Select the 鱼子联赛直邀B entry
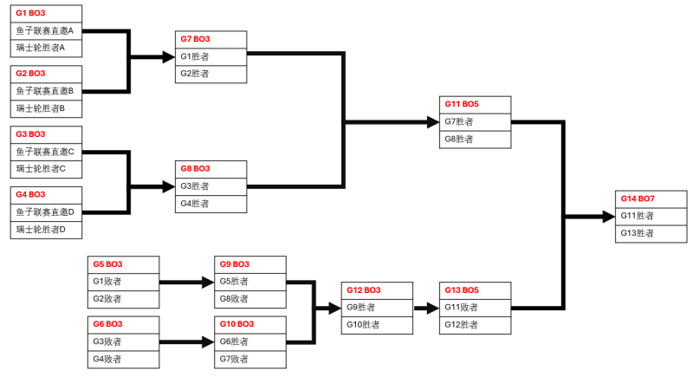(46, 91)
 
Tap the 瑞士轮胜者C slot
(46, 169)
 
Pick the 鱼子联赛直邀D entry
(46, 212)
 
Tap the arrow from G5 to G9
(187, 282)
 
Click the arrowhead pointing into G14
(606, 216)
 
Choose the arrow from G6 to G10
(187, 342)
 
